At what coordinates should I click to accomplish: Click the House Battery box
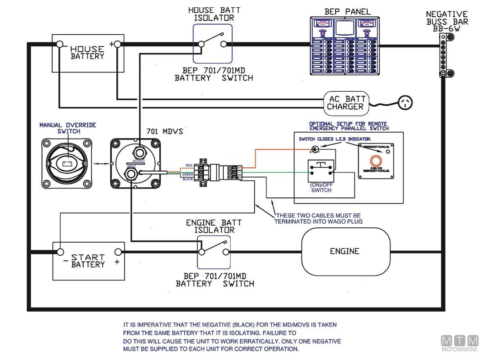(87, 53)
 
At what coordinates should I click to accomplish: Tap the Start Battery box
(88, 261)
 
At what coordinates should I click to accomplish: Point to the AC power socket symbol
(405, 103)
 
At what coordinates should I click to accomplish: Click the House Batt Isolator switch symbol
(212, 43)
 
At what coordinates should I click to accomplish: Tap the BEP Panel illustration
(346, 46)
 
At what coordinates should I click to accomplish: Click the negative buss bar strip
(443, 56)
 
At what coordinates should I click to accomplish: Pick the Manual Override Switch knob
(67, 163)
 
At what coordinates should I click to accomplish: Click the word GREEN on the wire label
(188, 174)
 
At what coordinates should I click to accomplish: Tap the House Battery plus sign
(111, 44)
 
